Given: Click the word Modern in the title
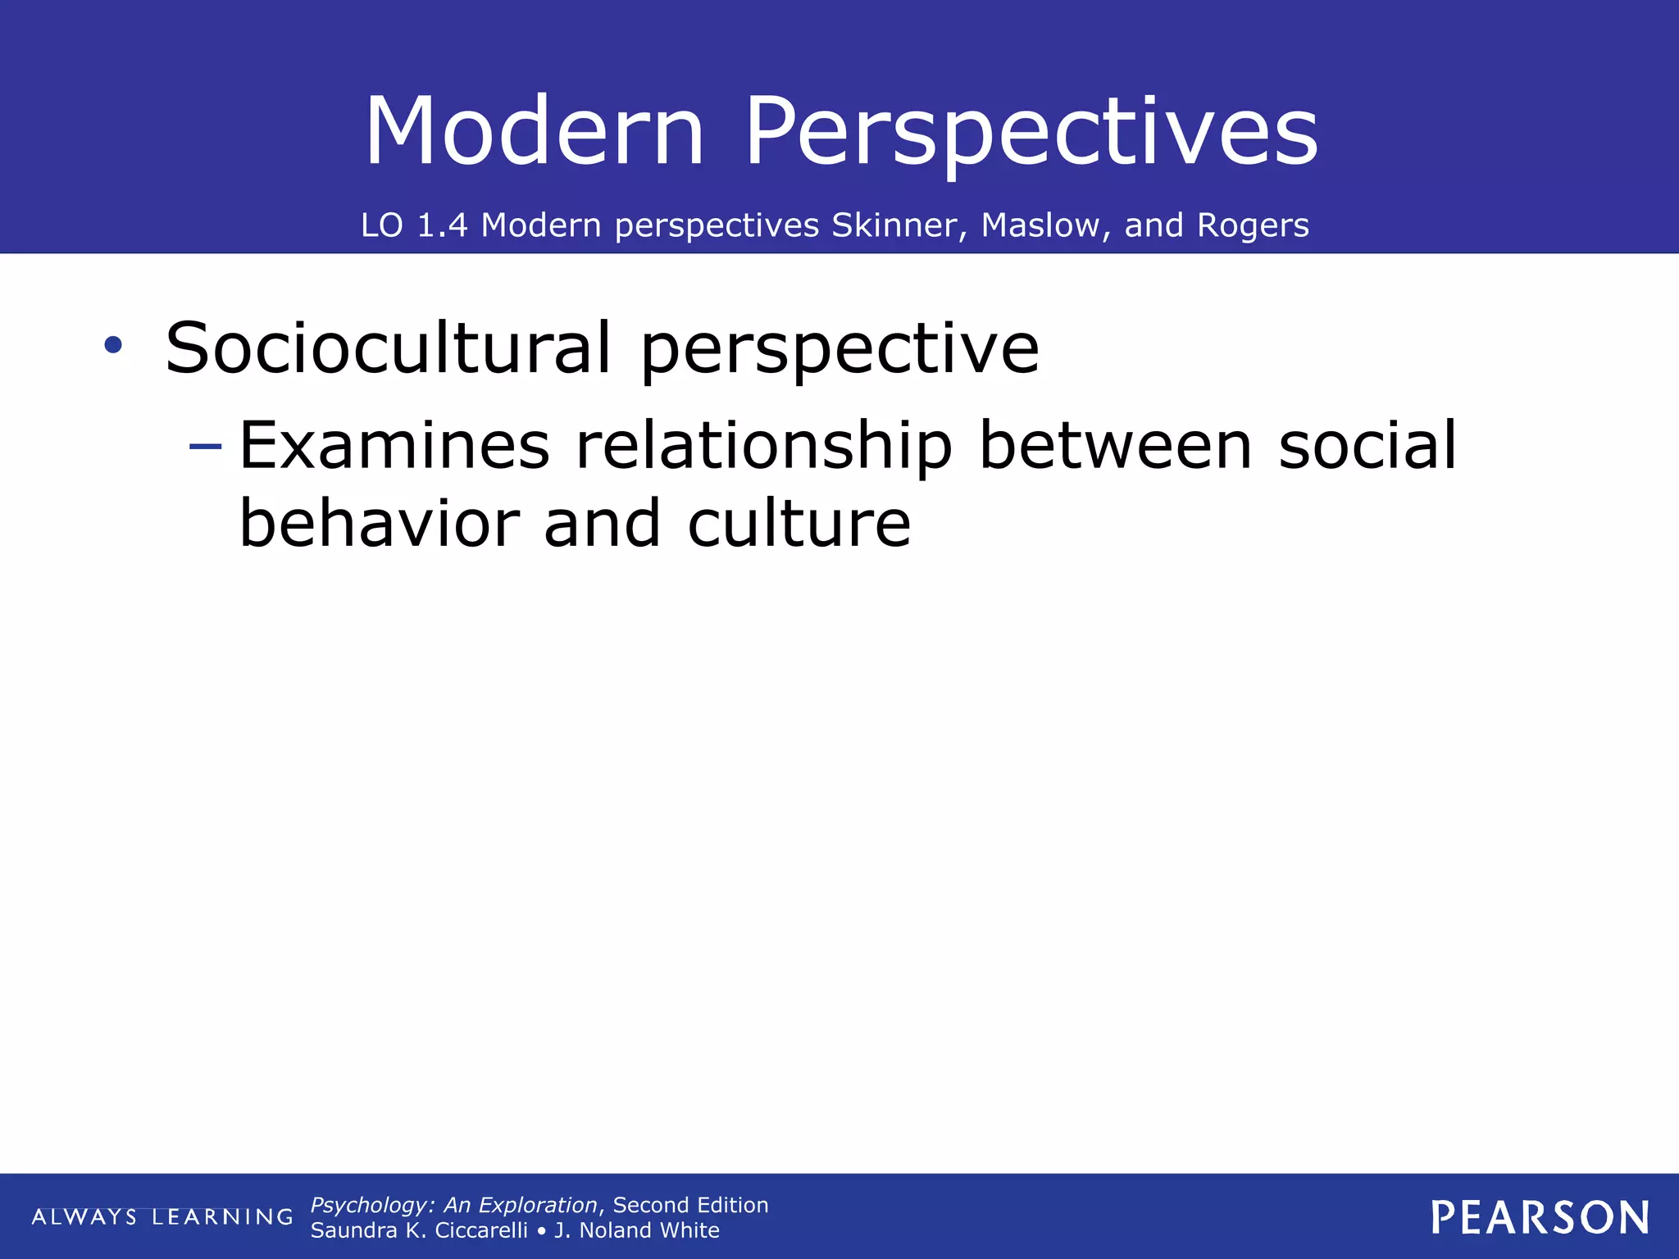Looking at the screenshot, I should [535, 131].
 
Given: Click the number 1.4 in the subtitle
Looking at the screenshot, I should [442, 225].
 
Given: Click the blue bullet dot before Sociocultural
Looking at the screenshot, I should [113, 345].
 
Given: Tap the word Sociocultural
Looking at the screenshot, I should [388, 348].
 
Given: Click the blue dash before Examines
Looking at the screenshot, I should [205, 447].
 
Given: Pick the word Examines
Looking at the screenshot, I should [394, 446].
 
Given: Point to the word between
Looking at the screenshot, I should [1116, 446].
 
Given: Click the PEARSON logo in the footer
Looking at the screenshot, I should [1540, 1218].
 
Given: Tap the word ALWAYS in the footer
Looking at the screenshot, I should [84, 1217].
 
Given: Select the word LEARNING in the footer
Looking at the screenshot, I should [222, 1217].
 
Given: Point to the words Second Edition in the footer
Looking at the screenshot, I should [690, 1205].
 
